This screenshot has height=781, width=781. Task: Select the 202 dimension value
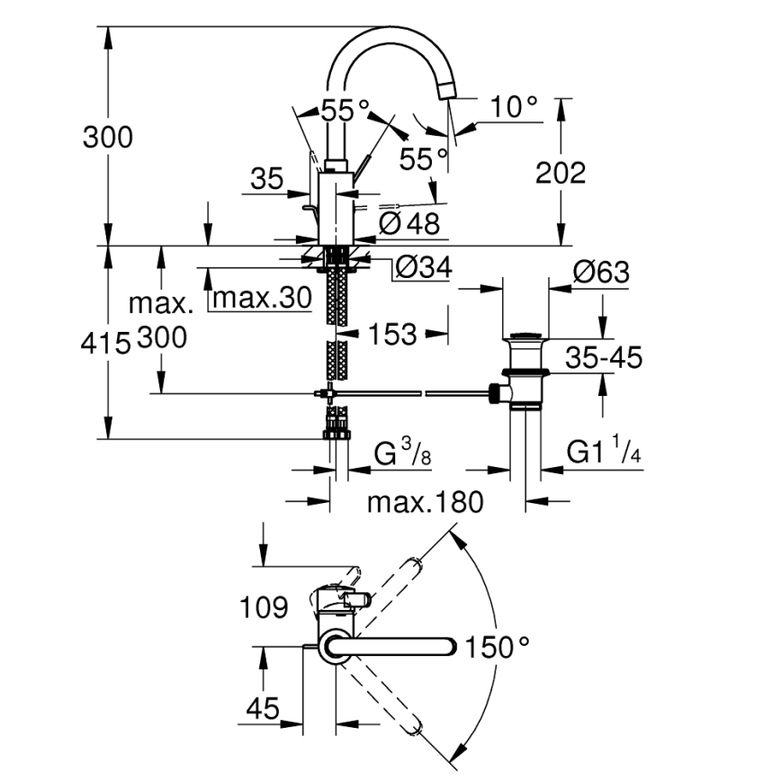(x=560, y=173)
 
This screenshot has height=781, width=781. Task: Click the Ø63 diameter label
(x=600, y=273)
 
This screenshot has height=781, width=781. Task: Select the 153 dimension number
(x=392, y=335)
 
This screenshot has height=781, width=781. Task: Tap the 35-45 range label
(x=604, y=358)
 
